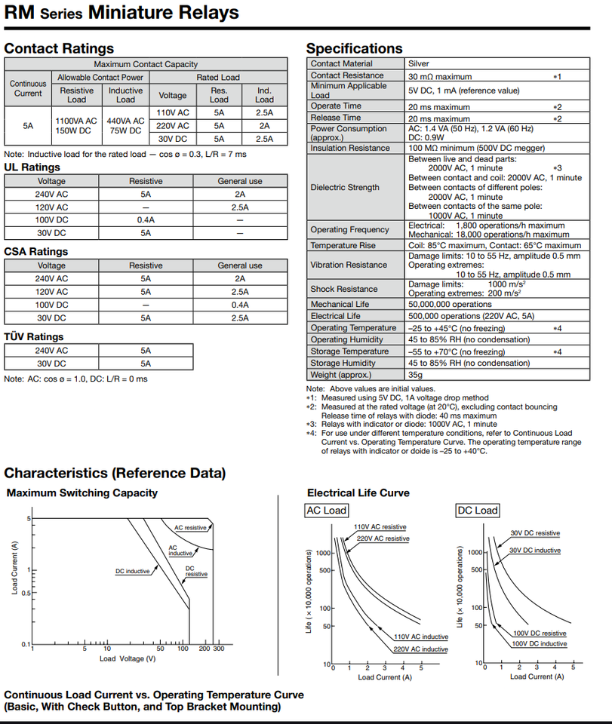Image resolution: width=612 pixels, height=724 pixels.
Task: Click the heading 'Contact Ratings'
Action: pos(59,48)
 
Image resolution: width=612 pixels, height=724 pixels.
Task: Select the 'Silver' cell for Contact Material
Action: pos(419,64)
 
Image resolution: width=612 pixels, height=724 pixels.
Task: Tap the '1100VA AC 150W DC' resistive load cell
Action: pos(76,125)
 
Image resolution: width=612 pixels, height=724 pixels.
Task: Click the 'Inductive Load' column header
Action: pos(125,95)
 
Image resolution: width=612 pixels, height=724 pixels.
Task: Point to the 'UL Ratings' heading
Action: pos(32,167)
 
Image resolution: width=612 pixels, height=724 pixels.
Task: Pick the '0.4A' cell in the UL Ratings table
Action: pos(146,219)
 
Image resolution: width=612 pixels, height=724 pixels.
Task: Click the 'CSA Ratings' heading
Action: pos(35,252)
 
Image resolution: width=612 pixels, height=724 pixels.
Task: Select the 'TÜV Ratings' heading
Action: pos(34,336)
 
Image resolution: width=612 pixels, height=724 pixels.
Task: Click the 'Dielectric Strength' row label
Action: pos(345,187)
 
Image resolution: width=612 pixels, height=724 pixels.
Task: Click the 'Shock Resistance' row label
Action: pos(344,289)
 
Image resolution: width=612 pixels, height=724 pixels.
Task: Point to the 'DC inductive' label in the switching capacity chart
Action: pos(133,571)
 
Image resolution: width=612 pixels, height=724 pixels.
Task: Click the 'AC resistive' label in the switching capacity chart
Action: pos(190,528)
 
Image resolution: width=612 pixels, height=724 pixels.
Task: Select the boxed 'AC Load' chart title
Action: pos(327,511)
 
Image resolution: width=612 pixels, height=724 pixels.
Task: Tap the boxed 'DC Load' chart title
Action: pos(478,511)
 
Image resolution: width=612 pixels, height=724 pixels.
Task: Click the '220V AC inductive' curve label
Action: pos(420,649)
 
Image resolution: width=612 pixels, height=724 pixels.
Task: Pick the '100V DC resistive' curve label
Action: pos(540,633)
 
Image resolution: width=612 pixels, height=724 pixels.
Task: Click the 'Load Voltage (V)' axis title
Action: pos(128,658)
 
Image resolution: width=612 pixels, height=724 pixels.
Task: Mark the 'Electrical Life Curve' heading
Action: pos(358,493)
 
